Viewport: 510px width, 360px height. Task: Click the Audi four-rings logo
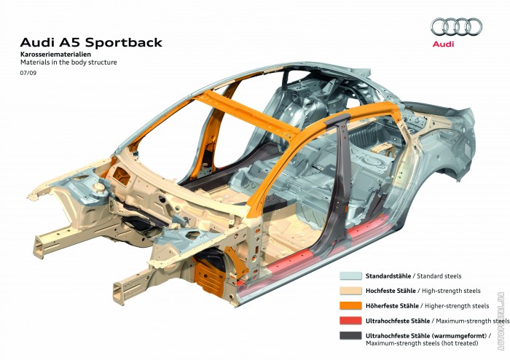pyautogui.click(x=456, y=26)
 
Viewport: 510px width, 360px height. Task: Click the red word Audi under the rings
pyautogui.click(x=443, y=44)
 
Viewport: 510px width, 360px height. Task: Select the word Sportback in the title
pyautogui.click(x=124, y=43)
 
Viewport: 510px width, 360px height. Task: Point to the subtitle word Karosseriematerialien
pyautogui.click(x=55, y=55)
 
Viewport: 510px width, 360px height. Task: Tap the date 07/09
pyautogui.click(x=28, y=73)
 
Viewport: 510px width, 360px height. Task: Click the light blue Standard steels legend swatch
pyautogui.click(x=350, y=275)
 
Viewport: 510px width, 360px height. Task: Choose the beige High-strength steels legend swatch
pyautogui.click(x=350, y=291)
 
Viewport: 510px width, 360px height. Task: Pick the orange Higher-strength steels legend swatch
pyautogui.click(x=350, y=305)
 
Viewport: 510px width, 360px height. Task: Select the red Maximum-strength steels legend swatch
pyautogui.click(x=350, y=321)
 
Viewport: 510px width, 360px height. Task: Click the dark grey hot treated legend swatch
pyautogui.click(x=350, y=336)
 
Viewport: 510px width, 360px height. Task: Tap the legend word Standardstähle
pyautogui.click(x=388, y=276)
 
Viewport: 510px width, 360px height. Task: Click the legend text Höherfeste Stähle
pyautogui.click(x=392, y=306)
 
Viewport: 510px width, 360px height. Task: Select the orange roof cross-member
pyautogui.click(x=246, y=114)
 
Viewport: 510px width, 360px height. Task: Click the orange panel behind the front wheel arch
pyautogui.click(x=208, y=277)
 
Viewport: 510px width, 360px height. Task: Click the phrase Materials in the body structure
pyautogui.click(x=68, y=62)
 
